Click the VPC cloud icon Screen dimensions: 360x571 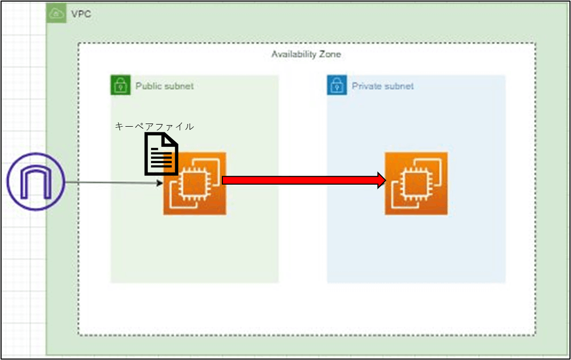pos(55,14)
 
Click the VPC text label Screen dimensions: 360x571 pos(81,14)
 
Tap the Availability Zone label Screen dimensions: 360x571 pos(306,54)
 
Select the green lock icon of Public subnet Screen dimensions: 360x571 pos(120,86)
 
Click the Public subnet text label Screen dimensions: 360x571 pos(164,86)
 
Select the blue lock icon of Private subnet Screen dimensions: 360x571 pos(337,86)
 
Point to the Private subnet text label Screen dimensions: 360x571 pos(383,86)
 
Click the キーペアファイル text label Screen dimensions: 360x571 pos(154,127)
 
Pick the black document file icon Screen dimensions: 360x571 pos(161,154)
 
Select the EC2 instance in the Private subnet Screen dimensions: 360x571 pos(416,183)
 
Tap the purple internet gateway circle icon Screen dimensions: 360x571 pos(35,181)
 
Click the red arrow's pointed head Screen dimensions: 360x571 pos(382,181)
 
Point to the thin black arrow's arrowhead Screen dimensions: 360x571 pos(159,183)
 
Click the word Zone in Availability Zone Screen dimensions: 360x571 pos(330,54)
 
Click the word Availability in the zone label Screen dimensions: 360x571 pos(294,54)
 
